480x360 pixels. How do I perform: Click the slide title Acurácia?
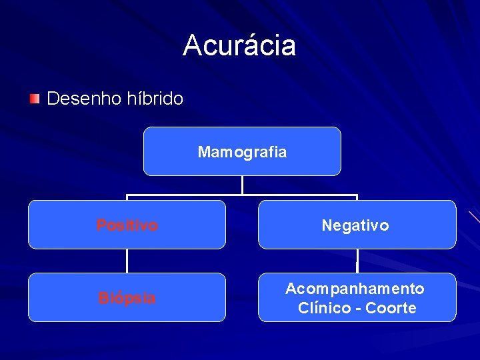click(239, 45)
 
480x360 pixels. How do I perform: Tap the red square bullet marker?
click(34, 99)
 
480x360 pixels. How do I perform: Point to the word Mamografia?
click(242, 152)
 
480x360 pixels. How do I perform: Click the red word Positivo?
click(127, 225)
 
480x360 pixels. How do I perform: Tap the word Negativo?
click(355, 225)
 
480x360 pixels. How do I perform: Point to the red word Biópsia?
click(127, 297)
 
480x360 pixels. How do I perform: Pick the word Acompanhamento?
click(355, 289)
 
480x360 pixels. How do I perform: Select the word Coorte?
click(391, 308)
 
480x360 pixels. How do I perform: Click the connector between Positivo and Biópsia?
click(127, 261)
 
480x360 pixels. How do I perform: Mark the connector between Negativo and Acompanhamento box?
click(357, 261)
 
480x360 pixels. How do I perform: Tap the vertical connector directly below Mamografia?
click(242, 185)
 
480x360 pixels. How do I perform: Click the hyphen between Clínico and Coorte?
click(358, 309)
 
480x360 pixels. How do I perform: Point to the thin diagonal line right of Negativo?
click(473, 216)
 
